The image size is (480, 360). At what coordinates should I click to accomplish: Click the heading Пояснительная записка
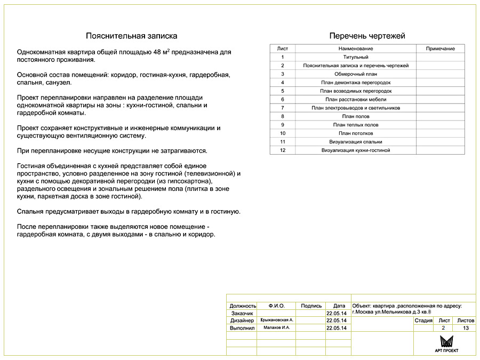(132, 36)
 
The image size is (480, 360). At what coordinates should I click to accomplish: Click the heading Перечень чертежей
(367, 36)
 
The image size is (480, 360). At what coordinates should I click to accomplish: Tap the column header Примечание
(440, 49)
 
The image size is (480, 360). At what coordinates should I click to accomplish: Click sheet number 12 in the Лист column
(283, 150)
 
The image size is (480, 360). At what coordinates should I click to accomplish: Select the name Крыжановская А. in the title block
(276, 320)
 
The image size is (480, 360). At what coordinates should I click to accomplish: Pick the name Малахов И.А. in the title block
(276, 327)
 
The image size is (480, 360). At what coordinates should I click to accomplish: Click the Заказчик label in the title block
(241, 314)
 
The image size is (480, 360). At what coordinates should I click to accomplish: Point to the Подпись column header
(311, 306)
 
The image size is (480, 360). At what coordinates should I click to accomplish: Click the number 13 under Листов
(466, 329)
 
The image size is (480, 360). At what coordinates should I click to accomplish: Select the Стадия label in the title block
(423, 321)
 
